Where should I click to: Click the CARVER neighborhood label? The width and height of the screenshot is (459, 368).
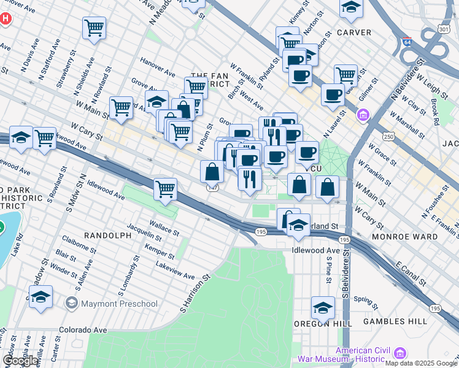(353, 32)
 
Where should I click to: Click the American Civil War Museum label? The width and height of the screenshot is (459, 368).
(344, 354)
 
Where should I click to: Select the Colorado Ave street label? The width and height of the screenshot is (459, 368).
(83, 330)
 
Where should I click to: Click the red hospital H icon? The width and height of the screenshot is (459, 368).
(6, 18)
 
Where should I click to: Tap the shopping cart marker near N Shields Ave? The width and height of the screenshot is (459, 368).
(94, 27)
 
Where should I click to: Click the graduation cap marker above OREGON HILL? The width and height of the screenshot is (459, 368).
(323, 307)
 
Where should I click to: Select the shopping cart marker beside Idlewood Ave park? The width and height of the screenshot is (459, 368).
(166, 189)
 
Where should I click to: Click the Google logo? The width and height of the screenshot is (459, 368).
(20, 361)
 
